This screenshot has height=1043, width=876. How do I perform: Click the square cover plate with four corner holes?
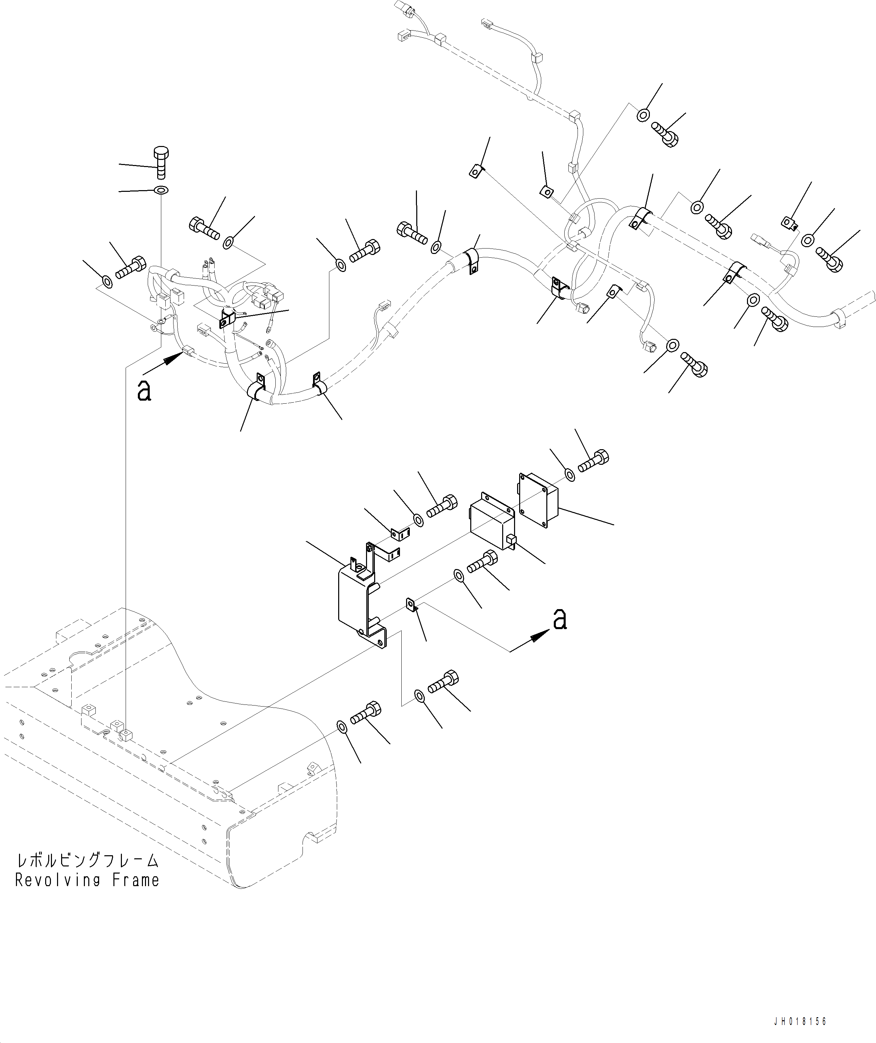538,500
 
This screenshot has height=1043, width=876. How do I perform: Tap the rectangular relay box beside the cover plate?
492,521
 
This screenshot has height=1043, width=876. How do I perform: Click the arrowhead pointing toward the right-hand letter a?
540,636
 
